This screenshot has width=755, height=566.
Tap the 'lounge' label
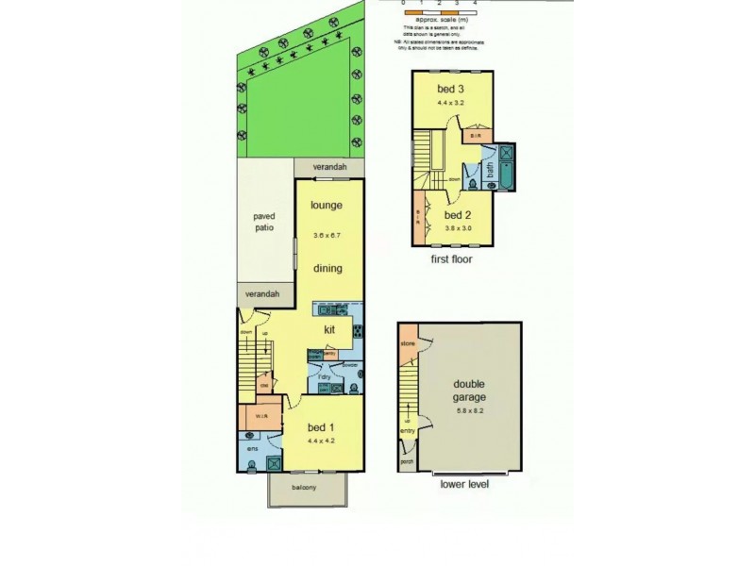pos(327,206)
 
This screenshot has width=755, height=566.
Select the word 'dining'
pos(327,269)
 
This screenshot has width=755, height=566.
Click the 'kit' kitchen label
pos(329,330)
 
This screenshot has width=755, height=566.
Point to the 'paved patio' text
pos(263,222)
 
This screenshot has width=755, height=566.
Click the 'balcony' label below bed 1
pos(304,487)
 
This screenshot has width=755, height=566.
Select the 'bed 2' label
pos(457,214)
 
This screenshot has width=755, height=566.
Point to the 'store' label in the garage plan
pos(409,344)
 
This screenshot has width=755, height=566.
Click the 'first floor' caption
pos(450,258)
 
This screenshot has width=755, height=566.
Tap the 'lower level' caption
pos(464,484)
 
